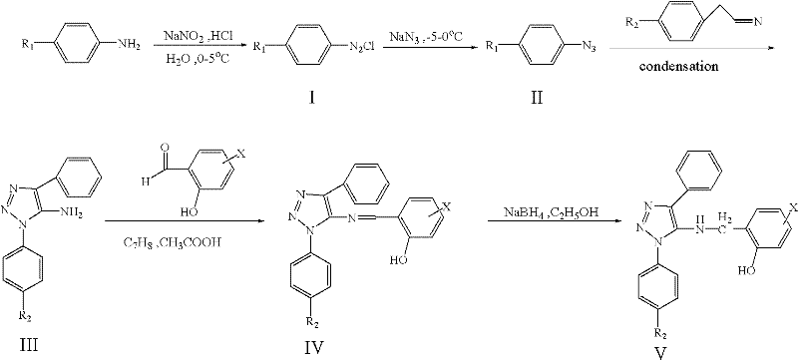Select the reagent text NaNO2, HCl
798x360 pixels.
click(192, 35)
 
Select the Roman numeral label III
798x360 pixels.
click(36, 344)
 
